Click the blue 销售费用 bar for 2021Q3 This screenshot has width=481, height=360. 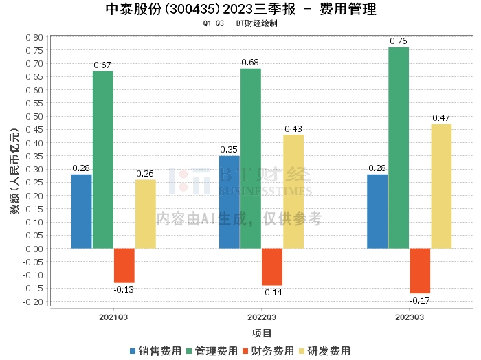click(81, 211)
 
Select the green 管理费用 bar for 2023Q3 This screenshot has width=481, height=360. click(399, 148)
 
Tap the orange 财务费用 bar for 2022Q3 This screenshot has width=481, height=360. click(272, 267)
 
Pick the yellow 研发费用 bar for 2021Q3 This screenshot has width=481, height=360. click(145, 214)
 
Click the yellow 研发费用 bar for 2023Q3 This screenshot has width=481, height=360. click(441, 186)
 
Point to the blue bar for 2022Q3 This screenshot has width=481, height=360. click(230, 202)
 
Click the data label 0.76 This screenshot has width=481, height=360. click(399, 41)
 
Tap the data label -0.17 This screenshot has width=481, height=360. click(420, 300)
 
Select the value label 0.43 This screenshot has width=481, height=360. click(293, 128)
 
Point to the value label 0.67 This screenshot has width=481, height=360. click(103, 65)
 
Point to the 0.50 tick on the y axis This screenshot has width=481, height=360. click(34, 116)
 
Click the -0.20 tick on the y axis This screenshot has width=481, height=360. click(33, 302)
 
